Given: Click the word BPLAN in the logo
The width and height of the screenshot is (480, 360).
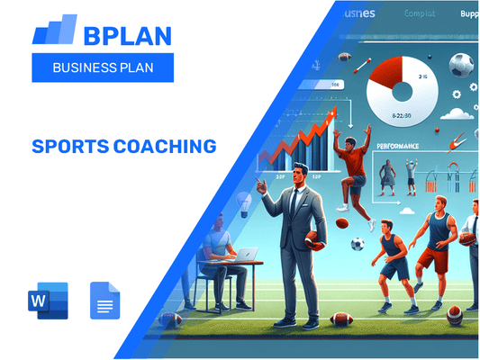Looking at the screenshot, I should pyautogui.click(x=126, y=36).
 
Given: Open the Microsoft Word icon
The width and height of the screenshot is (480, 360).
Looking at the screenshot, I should pyautogui.click(x=49, y=301).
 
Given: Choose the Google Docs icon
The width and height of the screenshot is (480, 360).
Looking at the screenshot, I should pyautogui.click(x=104, y=301).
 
